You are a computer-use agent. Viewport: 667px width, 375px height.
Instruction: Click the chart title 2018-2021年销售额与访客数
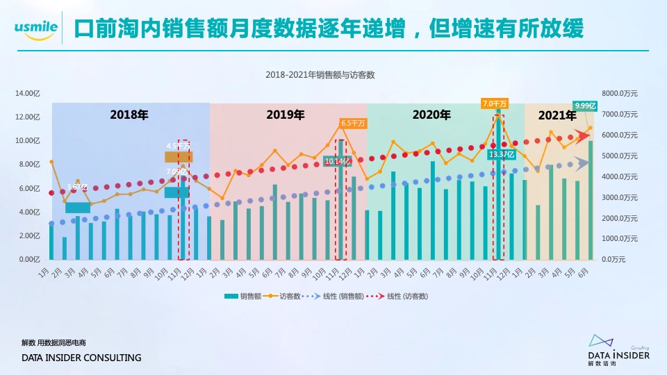pos(320,74)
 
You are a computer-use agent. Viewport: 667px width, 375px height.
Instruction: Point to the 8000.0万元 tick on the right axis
pos(620,94)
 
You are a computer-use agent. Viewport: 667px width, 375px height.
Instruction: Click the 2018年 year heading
pos(129,115)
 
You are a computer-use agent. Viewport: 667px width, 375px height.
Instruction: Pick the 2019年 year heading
pos(286,115)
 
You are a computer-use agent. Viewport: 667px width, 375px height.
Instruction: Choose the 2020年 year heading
pos(431,115)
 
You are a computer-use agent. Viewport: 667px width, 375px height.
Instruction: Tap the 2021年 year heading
pos(557,115)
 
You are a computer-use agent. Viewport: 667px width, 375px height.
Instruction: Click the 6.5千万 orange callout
pos(353,123)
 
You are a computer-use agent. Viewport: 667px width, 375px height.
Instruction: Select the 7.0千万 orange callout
pos(495,103)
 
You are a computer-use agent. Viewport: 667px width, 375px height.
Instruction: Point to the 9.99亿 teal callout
pos(586,106)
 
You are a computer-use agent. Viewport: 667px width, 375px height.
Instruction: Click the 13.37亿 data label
pos(501,154)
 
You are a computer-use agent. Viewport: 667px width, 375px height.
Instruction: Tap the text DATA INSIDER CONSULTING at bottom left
pos(81,358)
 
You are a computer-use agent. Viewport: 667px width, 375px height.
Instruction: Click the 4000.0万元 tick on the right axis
pos(620,176)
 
